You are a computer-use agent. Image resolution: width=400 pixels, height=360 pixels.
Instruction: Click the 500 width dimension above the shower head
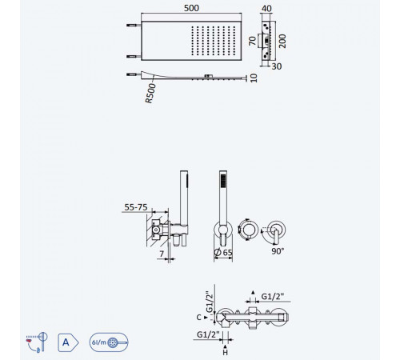191,8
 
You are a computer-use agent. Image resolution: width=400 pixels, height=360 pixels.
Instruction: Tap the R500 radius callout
150,93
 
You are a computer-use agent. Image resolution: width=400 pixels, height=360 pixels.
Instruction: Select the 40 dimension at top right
266,9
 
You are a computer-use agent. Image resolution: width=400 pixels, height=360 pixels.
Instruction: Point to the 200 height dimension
282,41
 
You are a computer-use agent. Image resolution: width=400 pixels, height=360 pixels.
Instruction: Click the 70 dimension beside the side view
252,41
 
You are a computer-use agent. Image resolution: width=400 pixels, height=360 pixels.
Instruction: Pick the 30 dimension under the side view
277,66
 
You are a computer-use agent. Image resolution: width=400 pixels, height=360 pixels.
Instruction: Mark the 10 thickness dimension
254,78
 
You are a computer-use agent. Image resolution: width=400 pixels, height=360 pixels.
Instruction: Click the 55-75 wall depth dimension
136,207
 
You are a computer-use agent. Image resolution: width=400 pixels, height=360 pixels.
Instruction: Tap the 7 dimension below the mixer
162,254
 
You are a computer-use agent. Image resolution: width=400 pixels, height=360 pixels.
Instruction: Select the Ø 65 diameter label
223,252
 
